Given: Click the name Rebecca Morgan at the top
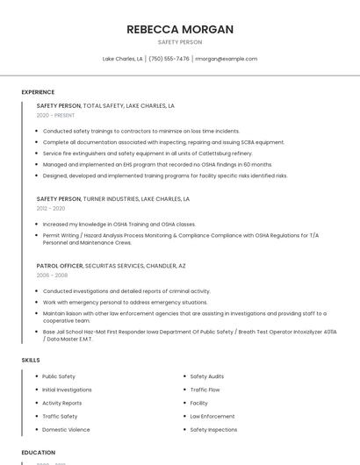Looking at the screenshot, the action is pyautogui.click(x=180, y=29).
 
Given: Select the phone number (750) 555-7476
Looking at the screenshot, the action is pyautogui.click(x=169, y=59).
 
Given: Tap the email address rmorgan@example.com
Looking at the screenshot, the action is pyautogui.click(x=226, y=59).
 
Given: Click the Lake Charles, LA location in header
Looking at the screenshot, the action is pyautogui.click(x=122, y=59).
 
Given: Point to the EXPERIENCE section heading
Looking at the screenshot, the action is pyautogui.click(x=38, y=92).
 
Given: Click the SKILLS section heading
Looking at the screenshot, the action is pyautogui.click(x=31, y=361).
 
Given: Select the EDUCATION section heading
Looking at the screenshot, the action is pyautogui.click(x=38, y=453).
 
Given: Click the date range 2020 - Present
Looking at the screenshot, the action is pyautogui.click(x=55, y=115).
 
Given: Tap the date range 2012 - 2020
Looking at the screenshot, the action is pyautogui.click(x=51, y=209).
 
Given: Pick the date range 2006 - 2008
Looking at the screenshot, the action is pyautogui.click(x=52, y=275).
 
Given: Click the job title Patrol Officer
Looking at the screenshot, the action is pyautogui.click(x=60, y=265).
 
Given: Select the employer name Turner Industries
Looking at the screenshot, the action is pyautogui.click(x=111, y=199).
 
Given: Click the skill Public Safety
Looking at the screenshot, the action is pyautogui.click(x=59, y=376).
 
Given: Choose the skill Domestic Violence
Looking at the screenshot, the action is pyautogui.click(x=66, y=430).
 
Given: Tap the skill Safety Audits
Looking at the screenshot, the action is pyautogui.click(x=207, y=376).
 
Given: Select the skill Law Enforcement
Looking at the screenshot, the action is pyautogui.click(x=212, y=417).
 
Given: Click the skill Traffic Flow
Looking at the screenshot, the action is pyautogui.click(x=205, y=390).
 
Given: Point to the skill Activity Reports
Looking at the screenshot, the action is pyautogui.click(x=62, y=403).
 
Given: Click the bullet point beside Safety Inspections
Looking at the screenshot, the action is pyautogui.click(x=184, y=430).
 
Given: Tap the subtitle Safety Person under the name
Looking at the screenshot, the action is pyautogui.click(x=180, y=42).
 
